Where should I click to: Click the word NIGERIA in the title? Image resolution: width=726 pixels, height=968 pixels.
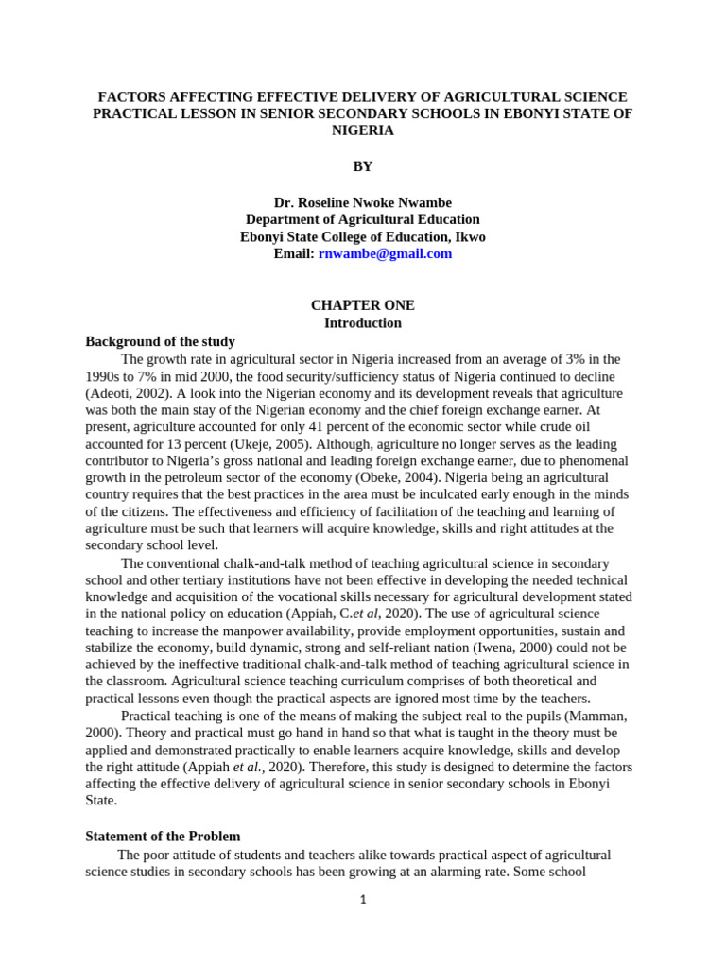[363, 131]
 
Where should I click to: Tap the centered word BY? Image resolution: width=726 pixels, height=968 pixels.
[363, 166]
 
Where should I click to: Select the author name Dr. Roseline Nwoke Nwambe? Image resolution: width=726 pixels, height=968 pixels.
[363, 202]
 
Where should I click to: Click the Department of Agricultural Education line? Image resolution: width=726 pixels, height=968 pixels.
[363, 219]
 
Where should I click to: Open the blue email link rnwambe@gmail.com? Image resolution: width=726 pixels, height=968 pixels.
[385, 253]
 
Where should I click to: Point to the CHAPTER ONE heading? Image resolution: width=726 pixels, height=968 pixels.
[363, 305]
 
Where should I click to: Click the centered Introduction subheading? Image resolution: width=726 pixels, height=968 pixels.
[363, 322]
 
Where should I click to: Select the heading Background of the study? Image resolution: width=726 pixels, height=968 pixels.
[160, 341]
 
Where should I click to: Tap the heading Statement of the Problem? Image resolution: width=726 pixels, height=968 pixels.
[163, 836]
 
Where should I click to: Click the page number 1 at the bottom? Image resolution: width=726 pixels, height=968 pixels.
[363, 899]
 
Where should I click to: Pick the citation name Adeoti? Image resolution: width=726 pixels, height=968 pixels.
[112, 392]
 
